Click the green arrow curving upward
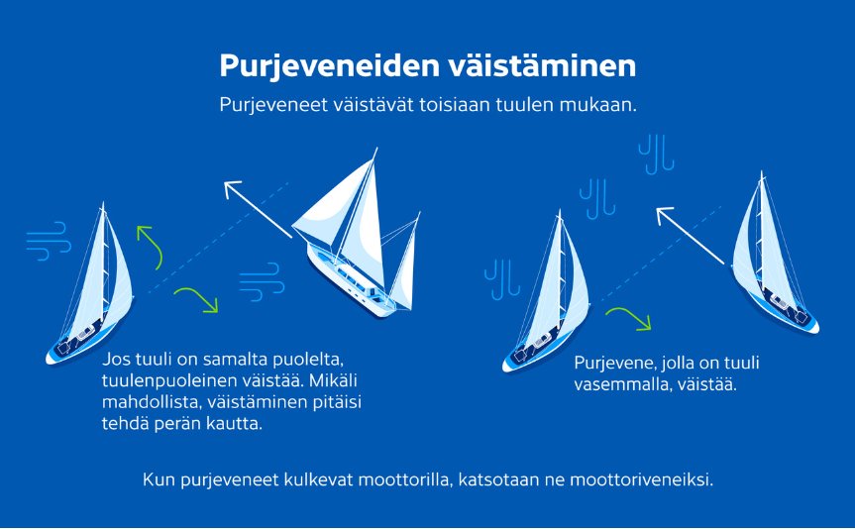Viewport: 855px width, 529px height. [149, 246]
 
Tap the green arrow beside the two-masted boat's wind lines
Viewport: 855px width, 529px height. [196, 298]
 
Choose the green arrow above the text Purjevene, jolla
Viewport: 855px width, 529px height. [628, 318]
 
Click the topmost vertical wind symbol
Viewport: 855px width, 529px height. [656, 154]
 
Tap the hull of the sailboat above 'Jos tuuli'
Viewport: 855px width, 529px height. [79, 342]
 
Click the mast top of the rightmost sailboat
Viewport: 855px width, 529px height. [762, 175]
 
